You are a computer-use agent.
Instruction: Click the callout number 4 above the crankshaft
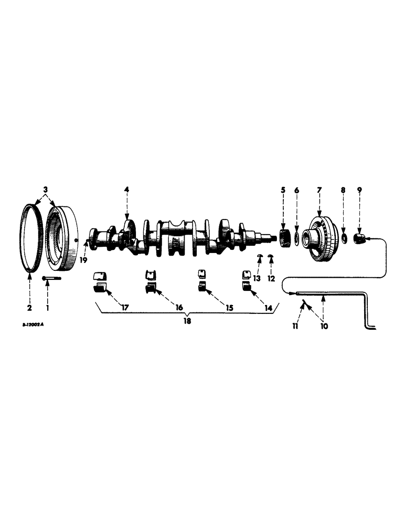click(x=126, y=189)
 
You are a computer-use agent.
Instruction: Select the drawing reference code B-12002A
click(x=33, y=324)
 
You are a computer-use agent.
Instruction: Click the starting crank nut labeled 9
click(x=360, y=239)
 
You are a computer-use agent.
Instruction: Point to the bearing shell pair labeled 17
click(x=100, y=280)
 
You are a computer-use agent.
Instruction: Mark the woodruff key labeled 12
click(x=271, y=256)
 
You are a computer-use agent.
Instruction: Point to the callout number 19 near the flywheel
click(x=82, y=259)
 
